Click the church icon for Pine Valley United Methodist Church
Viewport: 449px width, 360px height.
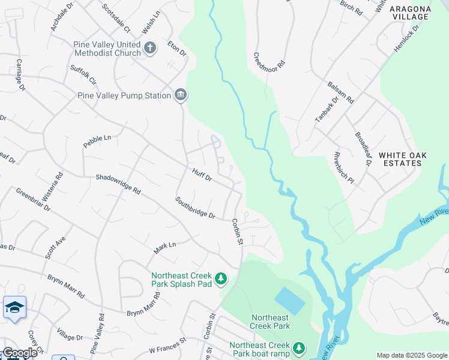point(149,47)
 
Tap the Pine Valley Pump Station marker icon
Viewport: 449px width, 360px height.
point(180,95)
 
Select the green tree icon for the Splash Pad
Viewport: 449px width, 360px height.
point(221,278)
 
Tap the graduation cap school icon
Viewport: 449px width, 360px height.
point(14,308)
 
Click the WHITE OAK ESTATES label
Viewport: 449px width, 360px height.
point(402,159)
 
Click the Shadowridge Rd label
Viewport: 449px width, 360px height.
point(118,184)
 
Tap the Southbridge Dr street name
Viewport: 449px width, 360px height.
point(195,207)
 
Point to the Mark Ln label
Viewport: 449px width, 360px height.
point(164,245)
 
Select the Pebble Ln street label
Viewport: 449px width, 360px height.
point(97,141)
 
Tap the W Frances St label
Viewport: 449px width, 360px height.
point(168,348)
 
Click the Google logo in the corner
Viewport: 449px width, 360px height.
point(20,353)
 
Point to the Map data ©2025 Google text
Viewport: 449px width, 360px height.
point(412,355)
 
